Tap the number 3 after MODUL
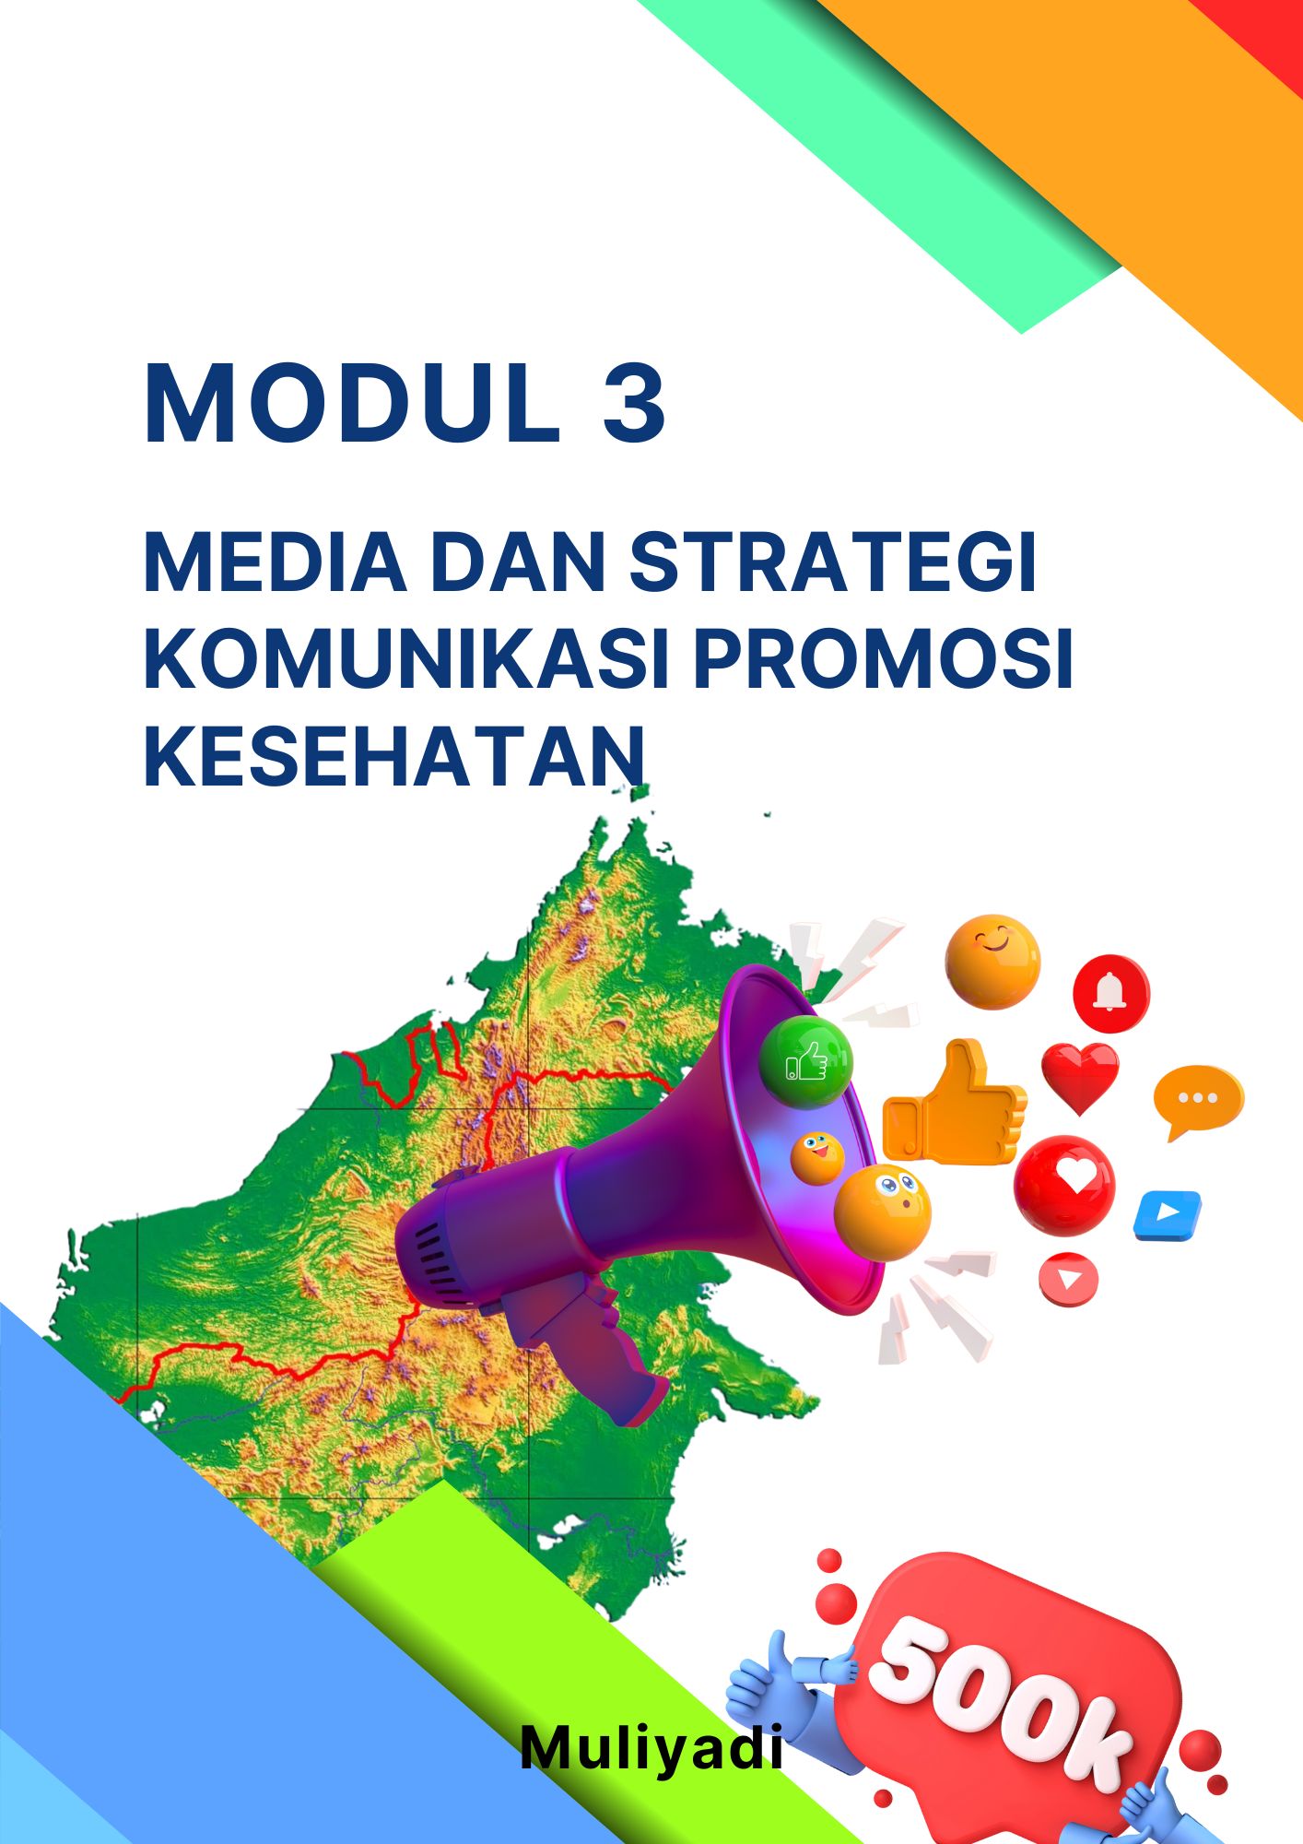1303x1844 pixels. click(x=634, y=404)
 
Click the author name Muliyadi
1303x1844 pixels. click(x=651, y=1747)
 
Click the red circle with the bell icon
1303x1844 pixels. click(x=1111, y=993)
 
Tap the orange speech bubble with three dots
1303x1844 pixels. click(x=1198, y=1101)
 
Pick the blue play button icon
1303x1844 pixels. click(x=1168, y=1214)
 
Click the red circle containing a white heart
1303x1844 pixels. click(x=1064, y=1185)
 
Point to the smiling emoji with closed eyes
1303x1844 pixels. click(x=992, y=962)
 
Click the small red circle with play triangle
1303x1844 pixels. click(x=1069, y=1279)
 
